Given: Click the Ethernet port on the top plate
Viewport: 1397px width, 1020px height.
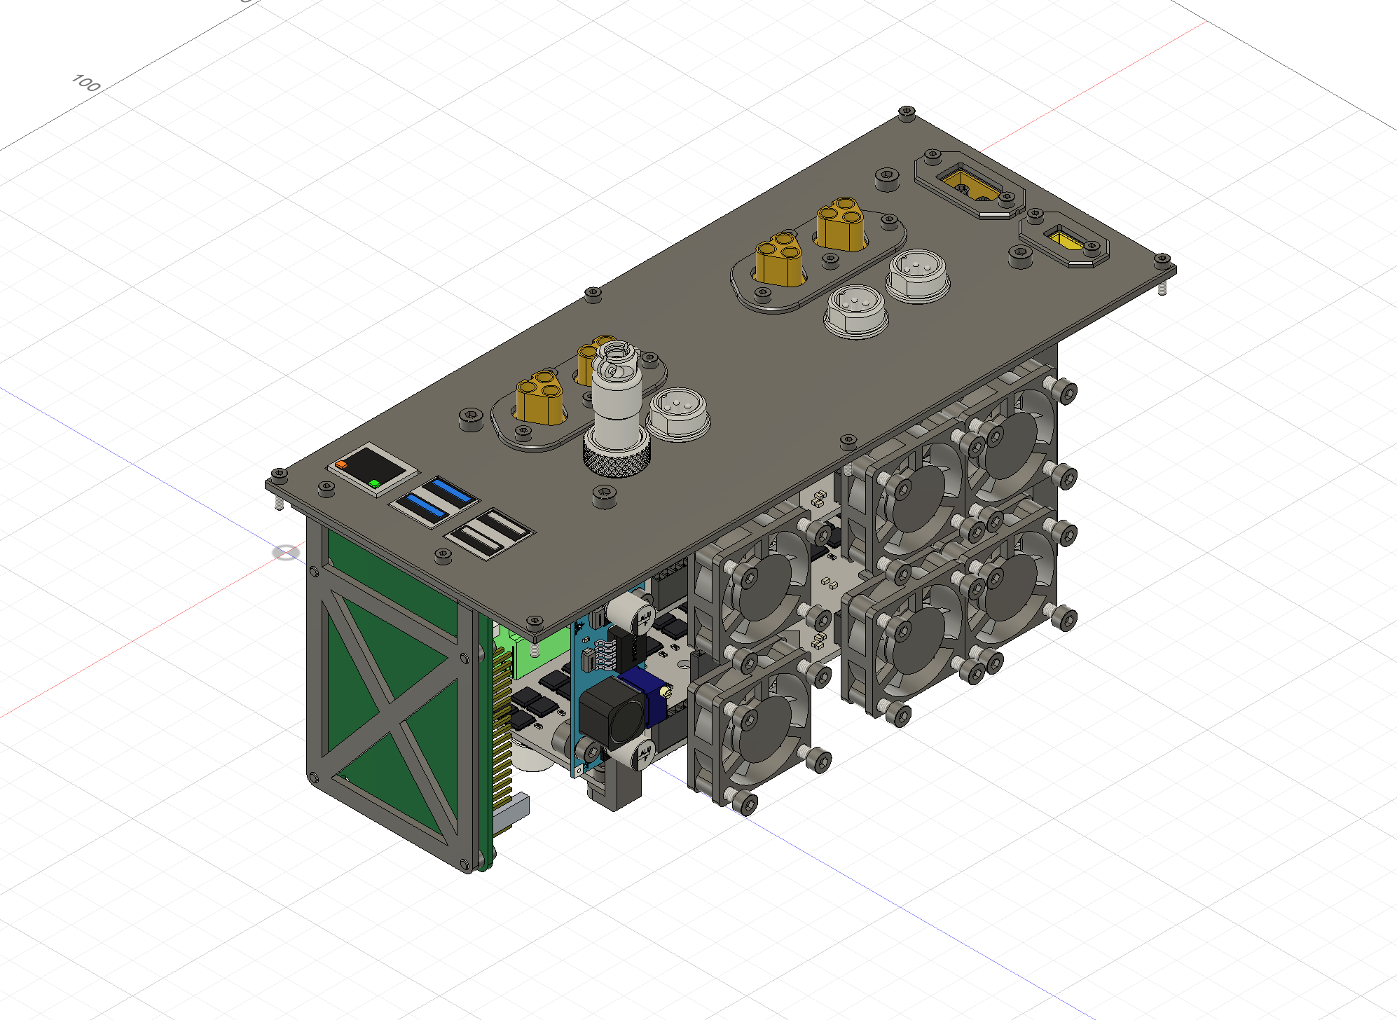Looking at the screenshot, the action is [x=369, y=468].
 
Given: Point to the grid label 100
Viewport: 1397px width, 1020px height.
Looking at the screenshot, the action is [x=86, y=83].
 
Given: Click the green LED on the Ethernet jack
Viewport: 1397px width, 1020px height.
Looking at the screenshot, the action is [x=375, y=483].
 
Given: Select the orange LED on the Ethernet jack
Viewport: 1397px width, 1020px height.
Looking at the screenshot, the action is [x=341, y=464].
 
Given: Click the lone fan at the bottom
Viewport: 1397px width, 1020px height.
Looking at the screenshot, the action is [x=753, y=729].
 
